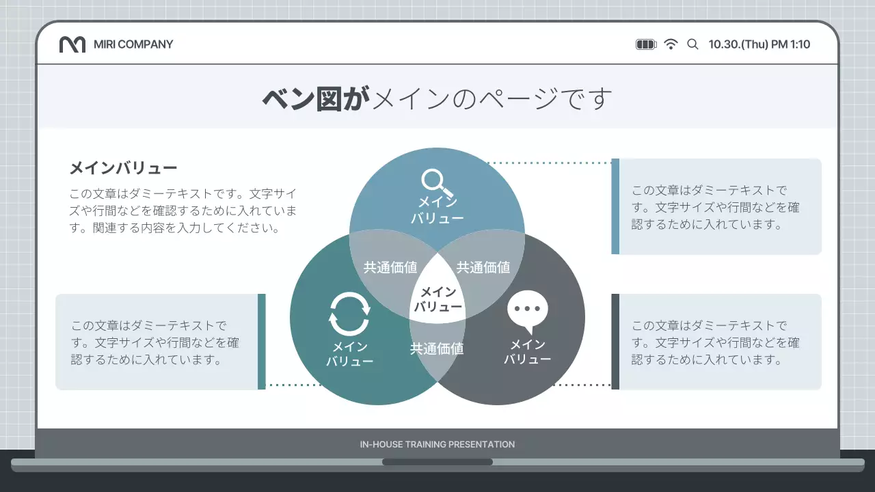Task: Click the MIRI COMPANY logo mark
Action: coord(72,44)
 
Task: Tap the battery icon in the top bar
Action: coord(645,44)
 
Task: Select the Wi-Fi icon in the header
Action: coord(671,44)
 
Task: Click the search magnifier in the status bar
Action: coord(692,44)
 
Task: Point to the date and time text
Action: coord(759,44)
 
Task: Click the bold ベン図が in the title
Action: coord(315,98)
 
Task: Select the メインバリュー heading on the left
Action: coord(123,168)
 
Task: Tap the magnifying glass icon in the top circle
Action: coord(437,182)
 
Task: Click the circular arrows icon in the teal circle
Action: coord(349,314)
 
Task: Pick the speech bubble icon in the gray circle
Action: coord(528,312)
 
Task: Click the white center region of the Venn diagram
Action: coord(437,300)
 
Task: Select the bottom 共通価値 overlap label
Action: coord(437,349)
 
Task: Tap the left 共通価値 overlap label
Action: coord(390,268)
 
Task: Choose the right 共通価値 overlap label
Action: coord(483,268)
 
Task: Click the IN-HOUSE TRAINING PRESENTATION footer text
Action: coord(437,444)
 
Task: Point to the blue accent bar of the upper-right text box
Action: coord(615,206)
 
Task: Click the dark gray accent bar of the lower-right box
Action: coord(615,342)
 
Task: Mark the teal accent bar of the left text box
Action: coord(261,342)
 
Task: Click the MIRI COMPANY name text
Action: coord(133,44)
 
